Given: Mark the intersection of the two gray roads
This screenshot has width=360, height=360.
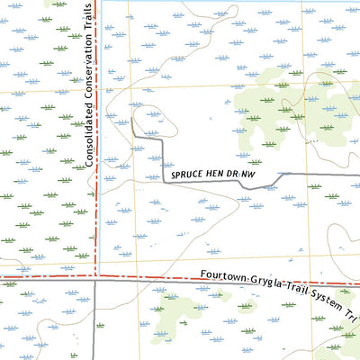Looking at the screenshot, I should [94, 280].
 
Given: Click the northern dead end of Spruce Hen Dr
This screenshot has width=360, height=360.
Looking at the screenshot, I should [132, 118].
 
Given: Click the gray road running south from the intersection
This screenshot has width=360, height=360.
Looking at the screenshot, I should [94, 324].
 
